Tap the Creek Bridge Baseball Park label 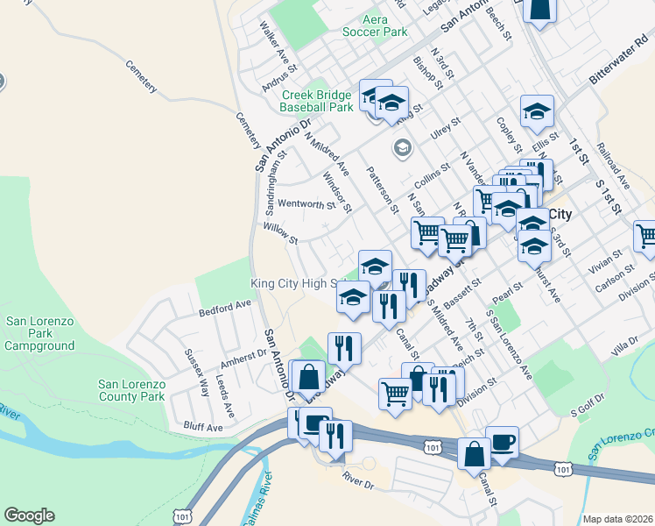pyautogui.click(x=317, y=101)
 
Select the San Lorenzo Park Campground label pyautogui.click(x=40, y=333)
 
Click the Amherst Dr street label pyautogui.click(x=243, y=359)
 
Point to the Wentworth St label pyautogui.click(x=306, y=205)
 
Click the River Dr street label pyautogui.click(x=358, y=482)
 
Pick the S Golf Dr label pyautogui.click(x=588, y=409)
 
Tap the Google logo pyautogui.click(x=29, y=515)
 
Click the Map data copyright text pyautogui.click(x=617, y=519)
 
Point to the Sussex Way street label pyautogui.click(x=197, y=372)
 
